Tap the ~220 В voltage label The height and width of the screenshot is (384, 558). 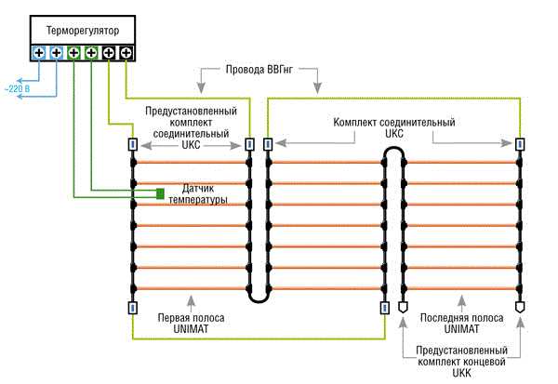16,88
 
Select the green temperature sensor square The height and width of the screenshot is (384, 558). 160,193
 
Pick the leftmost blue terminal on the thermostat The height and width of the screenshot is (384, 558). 38,53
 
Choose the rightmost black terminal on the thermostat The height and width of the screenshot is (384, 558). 126,53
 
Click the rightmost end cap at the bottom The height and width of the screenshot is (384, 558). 519,306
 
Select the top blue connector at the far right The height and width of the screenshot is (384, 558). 519,144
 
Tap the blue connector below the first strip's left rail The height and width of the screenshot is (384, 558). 132,308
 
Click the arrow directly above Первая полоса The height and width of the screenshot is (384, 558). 191,300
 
